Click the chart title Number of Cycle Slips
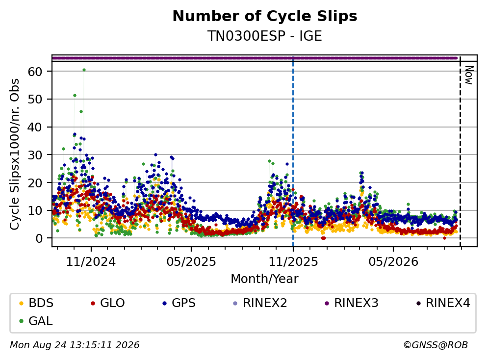tap(265, 16)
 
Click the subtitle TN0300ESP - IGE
tap(265, 36)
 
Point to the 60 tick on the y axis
tap(35, 72)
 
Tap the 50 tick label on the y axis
tap(35, 100)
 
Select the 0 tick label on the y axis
tap(39, 238)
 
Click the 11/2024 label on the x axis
tap(91, 262)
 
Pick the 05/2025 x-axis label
tap(191, 262)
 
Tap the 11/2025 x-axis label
tap(293, 262)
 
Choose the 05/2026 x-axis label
tap(393, 262)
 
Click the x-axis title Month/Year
tap(265, 279)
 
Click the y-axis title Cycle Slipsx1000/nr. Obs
tap(15, 154)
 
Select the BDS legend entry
tap(36, 303)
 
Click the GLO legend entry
tap(108, 303)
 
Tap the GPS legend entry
tap(179, 303)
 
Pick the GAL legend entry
tap(36, 321)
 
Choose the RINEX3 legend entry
tap(352, 303)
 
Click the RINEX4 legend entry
tap(443, 303)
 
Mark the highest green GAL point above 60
tap(84, 70)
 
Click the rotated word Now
tap(469, 75)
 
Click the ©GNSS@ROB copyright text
tap(436, 345)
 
